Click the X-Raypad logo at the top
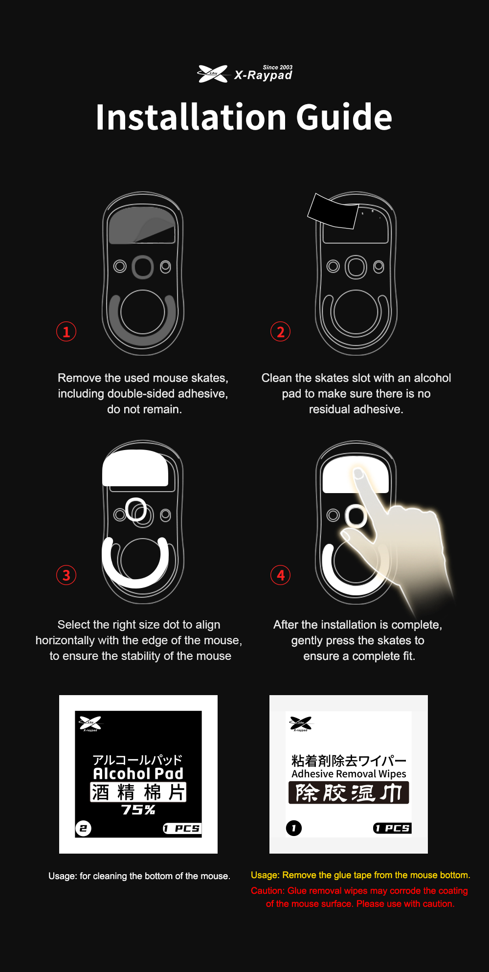pos(244,74)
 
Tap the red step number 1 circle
pos(67,332)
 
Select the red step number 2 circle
pos(281,332)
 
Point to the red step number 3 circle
pos(67,575)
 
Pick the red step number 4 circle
pos(281,575)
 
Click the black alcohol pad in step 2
pos(333,211)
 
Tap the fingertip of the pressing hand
pos(358,474)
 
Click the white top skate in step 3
pos(135,468)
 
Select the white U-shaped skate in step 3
pos(135,582)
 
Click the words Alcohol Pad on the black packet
pos(138,773)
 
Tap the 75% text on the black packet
pos(138,810)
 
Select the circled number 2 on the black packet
pos(83,828)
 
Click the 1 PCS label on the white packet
pos(392,828)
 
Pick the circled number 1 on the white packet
pos(294,828)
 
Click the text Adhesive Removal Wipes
pos(349,774)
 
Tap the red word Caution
pos(267,891)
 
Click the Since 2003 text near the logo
pos(278,68)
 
